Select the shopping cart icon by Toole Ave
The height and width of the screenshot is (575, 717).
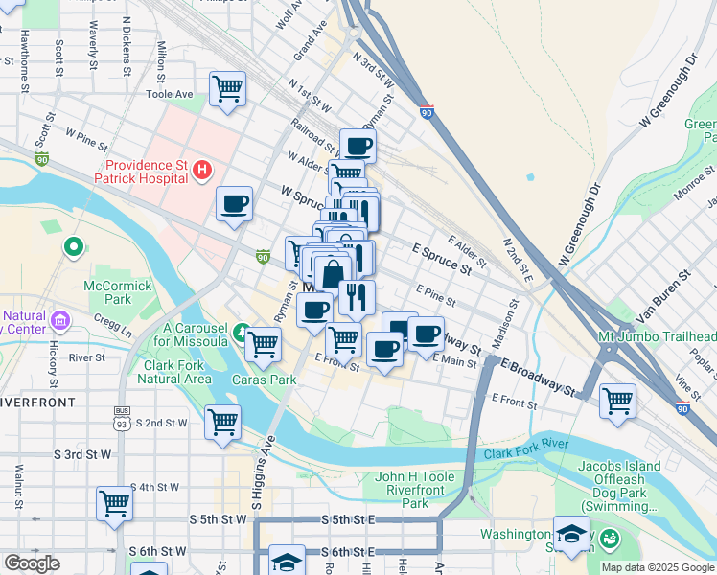click(x=227, y=89)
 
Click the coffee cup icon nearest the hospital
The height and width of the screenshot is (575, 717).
click(x=234, y=204)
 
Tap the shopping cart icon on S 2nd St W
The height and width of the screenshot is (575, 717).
click(x=222, y=421)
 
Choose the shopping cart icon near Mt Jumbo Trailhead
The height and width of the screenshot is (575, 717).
click(x=617, y=400)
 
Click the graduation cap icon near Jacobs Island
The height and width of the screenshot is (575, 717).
click(x=572, y=536)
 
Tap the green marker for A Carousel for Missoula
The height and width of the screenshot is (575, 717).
click(x=242, y=334)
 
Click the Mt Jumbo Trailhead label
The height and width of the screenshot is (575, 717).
click(x=657, y=337)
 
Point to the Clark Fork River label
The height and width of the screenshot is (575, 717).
click(x=526, y=452)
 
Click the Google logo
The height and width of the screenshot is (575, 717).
click(x=32, y=563)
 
